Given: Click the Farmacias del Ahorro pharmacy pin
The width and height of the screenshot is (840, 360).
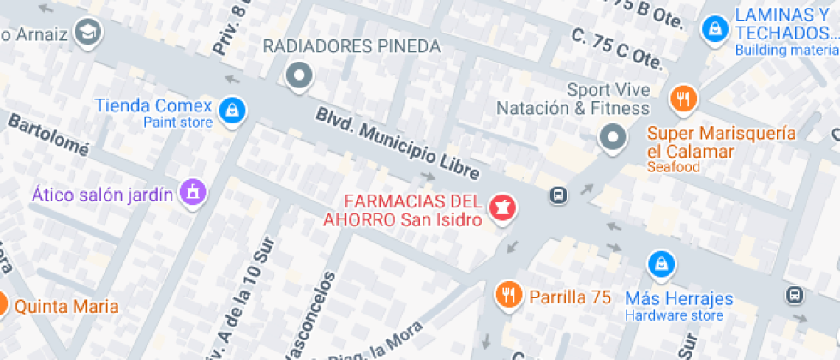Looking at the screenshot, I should tap(501, 207).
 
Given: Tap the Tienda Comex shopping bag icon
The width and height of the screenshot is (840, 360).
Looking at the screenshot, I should tap(231, 110).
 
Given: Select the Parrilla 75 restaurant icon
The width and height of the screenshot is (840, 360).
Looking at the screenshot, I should tap(509, 296).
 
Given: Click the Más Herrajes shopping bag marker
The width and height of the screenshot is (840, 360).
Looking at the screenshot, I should tap(660, 264).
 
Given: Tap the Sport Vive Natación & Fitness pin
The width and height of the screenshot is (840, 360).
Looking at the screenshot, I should tap(612, 137).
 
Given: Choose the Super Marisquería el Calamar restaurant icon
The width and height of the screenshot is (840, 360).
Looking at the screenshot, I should tap(683, 99).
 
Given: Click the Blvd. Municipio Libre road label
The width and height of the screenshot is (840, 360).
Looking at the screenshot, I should tap(397, 143).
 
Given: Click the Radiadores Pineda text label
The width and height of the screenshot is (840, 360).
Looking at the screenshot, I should tap(351, 46).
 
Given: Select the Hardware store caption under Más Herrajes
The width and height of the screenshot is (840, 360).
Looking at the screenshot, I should tap(674, 315).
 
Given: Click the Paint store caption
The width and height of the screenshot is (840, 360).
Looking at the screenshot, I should tap(177, 123).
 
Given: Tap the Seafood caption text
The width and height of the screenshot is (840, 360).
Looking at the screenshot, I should tap(674, 167).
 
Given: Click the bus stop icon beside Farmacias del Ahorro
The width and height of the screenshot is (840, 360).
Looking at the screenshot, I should tap(558, 195).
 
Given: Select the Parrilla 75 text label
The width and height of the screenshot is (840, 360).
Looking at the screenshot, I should tap(570, 297).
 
